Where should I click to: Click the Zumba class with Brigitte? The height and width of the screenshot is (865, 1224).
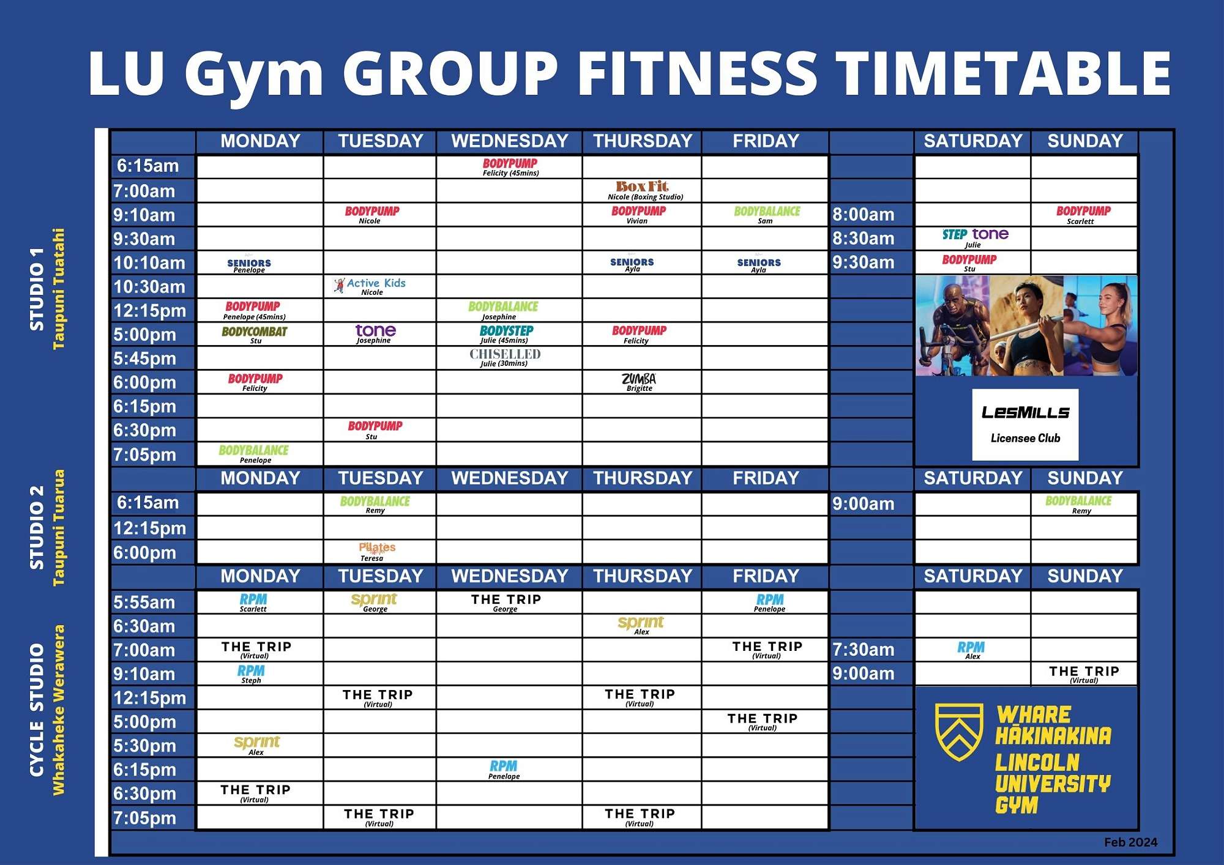coord(639,382)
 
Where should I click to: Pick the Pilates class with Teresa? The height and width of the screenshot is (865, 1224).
coord(376,551)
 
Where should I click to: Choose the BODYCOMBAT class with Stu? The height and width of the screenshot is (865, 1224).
coord(255,334)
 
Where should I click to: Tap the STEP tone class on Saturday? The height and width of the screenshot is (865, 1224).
coord(975,237)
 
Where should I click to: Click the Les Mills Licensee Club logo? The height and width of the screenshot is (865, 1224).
coord(1025,424)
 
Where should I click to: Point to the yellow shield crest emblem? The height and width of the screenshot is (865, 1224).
coord(959,731)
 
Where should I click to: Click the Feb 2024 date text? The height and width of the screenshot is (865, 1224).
coord(1130,842)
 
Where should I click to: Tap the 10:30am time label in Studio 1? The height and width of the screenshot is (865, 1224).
coord(149,286)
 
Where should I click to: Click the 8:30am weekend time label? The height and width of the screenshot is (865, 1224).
coord(863,238)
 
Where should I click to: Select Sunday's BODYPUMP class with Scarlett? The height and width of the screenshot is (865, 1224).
coord(1083,214)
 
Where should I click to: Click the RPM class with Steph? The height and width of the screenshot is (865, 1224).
coord(251,674)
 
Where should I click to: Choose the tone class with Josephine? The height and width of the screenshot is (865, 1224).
coord(375,333)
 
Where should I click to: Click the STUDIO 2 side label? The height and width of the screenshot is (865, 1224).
coord(37,527)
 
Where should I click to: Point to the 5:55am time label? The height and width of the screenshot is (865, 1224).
coord(144,602)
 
